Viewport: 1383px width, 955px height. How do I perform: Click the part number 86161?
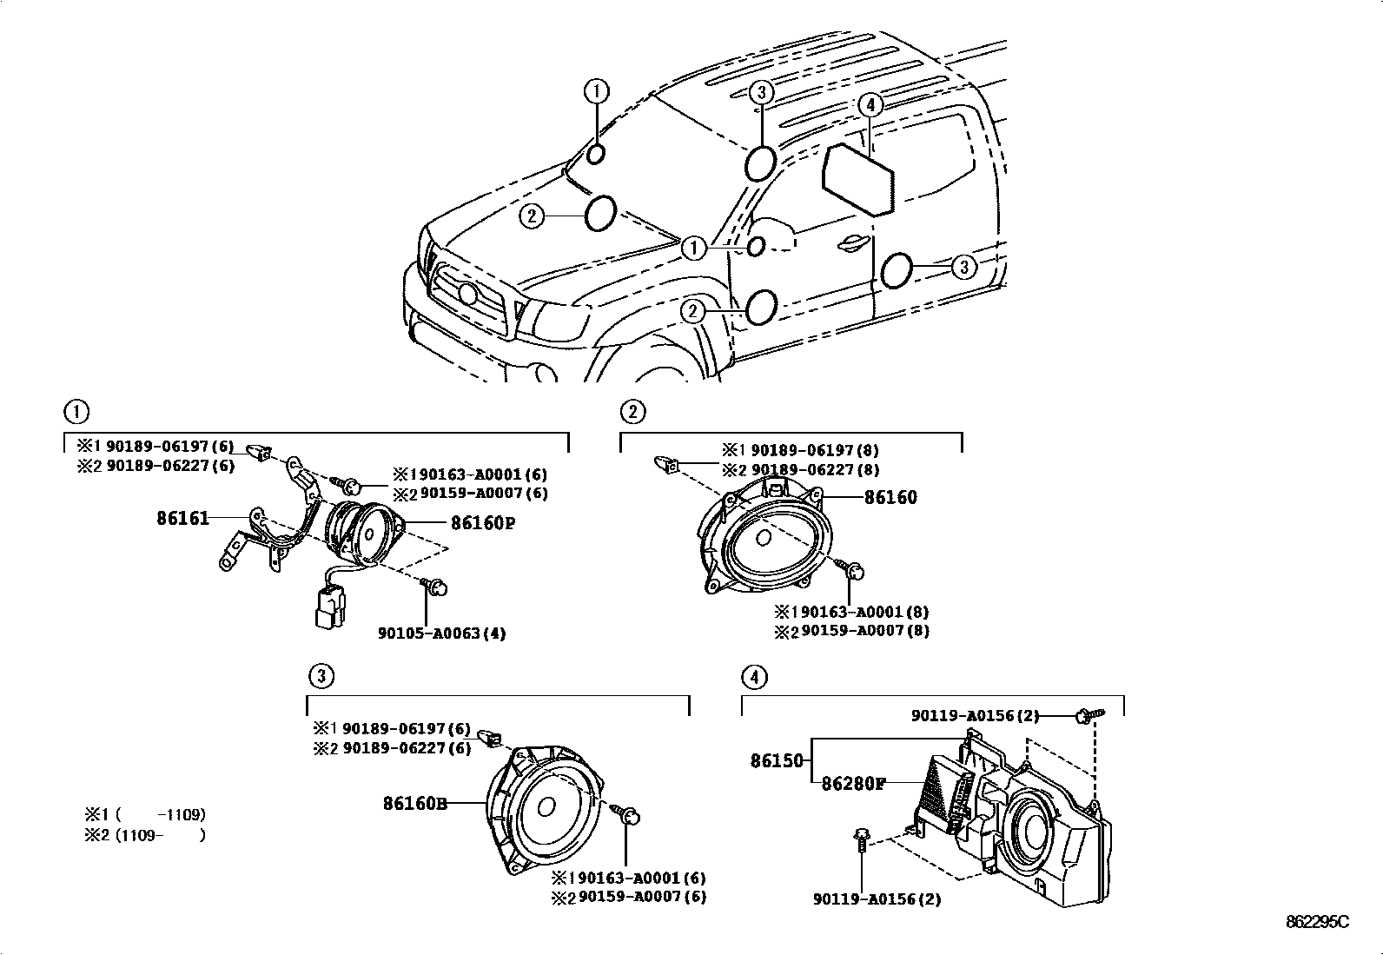182,519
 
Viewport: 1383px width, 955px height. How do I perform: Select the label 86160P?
482,523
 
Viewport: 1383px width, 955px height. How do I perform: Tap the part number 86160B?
414,804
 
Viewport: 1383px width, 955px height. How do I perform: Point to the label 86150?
778,761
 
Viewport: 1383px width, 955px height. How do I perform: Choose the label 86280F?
853,783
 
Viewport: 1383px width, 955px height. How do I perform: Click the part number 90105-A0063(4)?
441,633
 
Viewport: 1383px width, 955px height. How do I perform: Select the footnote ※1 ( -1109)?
144,815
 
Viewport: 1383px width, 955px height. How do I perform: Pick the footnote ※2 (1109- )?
144,836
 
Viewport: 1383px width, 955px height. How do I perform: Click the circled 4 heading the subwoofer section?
754,676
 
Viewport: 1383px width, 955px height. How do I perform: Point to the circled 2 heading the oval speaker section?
632,411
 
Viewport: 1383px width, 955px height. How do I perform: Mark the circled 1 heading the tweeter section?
76,411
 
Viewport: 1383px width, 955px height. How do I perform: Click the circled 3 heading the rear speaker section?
320,675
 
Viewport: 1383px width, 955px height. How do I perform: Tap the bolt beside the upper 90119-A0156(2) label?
1085,716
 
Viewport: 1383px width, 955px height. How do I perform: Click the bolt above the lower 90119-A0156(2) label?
860,840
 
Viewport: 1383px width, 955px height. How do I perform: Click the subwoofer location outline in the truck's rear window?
858,179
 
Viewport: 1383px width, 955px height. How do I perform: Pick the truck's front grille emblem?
467,293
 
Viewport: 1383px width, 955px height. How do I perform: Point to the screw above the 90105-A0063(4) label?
438,587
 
